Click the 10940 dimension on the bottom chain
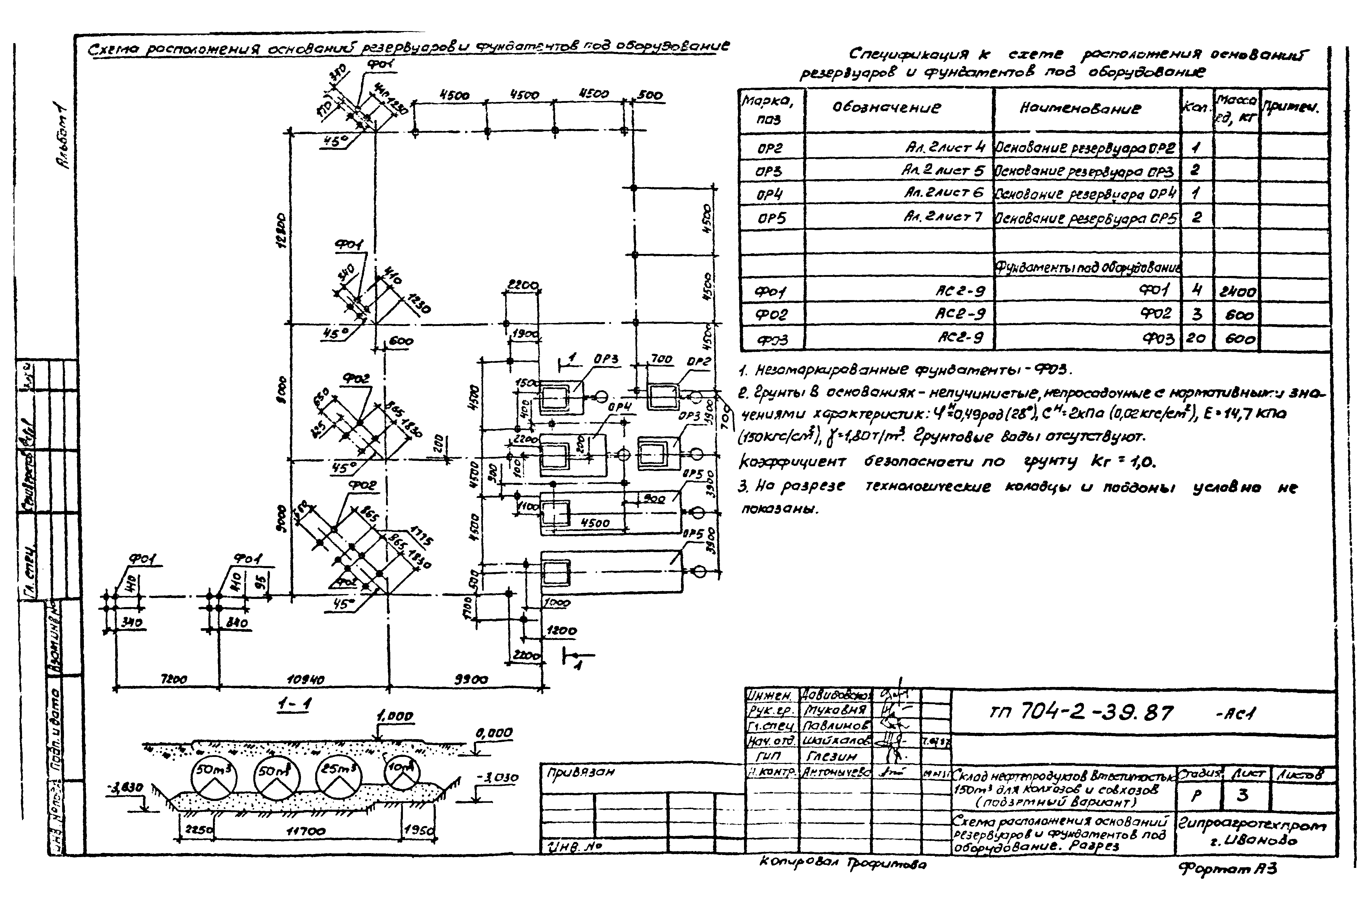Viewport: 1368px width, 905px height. click(305, 680)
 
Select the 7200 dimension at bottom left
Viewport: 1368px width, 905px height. click(173, 680)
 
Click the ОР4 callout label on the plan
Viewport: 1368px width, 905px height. click(620, 407)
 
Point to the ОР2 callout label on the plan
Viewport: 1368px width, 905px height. click(699, 361)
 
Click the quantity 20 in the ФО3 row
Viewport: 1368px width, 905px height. click(1195, 339)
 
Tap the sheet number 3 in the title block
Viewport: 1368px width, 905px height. click(1243, 795)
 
